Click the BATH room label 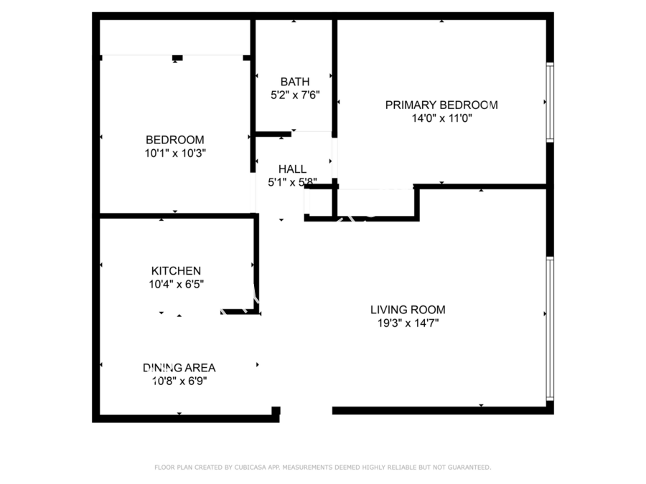295,82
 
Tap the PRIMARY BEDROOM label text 441,105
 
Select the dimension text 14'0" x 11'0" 441,118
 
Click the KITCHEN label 176,271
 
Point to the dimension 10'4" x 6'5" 177,284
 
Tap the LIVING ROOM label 408,310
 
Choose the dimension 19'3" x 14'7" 408,323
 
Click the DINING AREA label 179,368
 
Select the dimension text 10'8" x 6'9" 179,381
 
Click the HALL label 292,169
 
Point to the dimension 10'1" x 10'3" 175,153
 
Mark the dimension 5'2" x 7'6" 295,95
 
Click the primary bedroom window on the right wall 550,102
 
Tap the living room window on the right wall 550,328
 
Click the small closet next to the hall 321,202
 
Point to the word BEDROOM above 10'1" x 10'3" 175,140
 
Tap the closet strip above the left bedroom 175,37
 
